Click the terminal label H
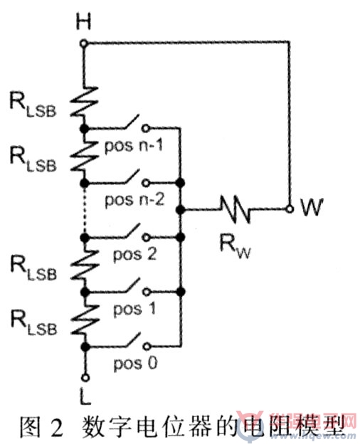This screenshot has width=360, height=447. (83, 21)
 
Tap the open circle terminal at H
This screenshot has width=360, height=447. (83, 43)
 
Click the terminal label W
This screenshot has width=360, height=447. (312, 207)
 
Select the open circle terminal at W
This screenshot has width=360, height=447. (290, 209)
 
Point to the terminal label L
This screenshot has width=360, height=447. (85, 397)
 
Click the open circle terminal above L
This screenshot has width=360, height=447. (85, 378)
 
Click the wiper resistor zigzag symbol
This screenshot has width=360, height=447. (235, 209)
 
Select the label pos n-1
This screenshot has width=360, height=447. (134, 146)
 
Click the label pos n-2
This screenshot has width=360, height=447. (134, 200)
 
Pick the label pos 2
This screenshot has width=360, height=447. (134, 254)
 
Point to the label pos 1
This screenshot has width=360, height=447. (134, 309)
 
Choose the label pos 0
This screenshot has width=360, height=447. (135, 364)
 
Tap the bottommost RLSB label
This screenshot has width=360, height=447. (33, 322)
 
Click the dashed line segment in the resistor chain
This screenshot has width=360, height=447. (85, 210)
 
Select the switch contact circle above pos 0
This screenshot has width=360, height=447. (147, 347)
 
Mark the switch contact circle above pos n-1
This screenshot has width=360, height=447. (146, 129)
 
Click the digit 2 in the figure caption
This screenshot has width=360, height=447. (56, 427)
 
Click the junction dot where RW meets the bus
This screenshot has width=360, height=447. (180, 210)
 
